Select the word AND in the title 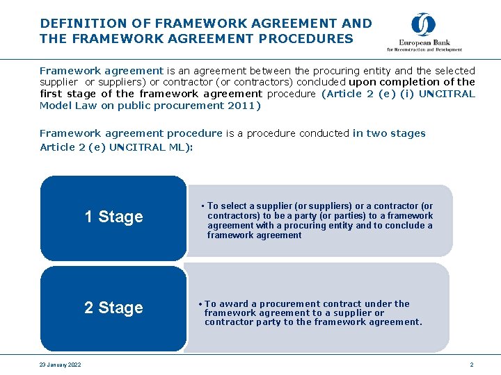[x=358, y=24]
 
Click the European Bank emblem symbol [x=423, y=25]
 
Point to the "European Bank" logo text [x=424, y=43]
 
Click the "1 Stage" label [x=113, y=217]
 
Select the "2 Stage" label [x=113, y=308]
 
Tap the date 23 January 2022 [x=61, y=365]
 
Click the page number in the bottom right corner [x=471, y=365]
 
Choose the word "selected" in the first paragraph [x=455, y=70]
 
